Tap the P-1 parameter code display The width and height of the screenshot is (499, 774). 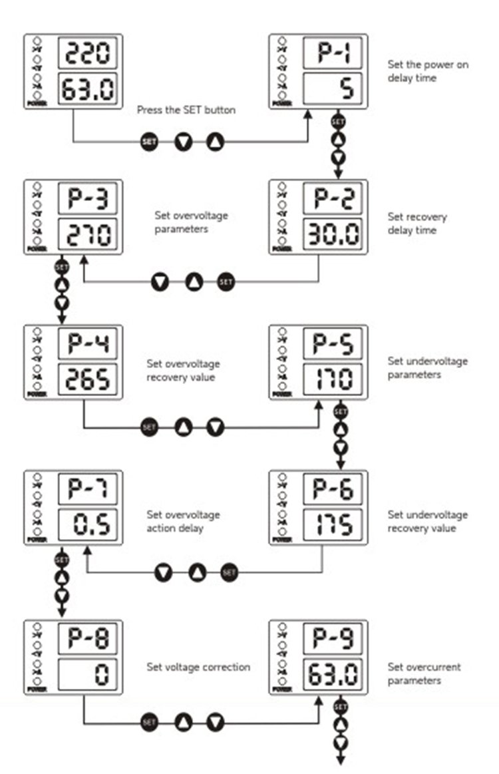point(333,53)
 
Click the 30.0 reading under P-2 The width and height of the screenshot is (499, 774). point(333,234)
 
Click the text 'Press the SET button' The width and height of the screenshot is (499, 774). point(186,110)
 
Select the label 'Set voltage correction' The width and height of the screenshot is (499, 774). point(198,667)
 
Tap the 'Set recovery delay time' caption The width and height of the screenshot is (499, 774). point(417,224)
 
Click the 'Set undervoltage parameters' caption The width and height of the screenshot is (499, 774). point(427,367)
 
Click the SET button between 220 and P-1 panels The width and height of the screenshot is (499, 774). point(150,142)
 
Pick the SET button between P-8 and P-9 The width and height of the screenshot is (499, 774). point(150,721)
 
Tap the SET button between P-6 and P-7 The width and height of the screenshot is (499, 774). point(229,572)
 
